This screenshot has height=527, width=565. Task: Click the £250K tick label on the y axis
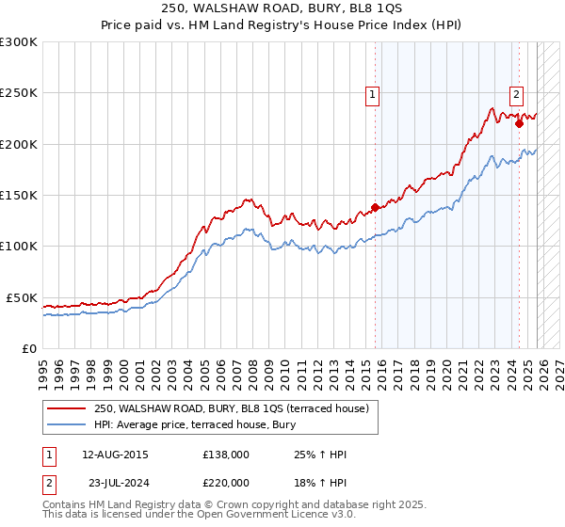[19, 93]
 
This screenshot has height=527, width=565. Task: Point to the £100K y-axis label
[19, 246]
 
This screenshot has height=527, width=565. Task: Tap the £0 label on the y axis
[29, 348]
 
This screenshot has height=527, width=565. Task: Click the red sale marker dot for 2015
[375, 207]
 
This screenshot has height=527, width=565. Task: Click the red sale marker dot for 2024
[519, 123]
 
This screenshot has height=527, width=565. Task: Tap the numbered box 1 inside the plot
[372, 93]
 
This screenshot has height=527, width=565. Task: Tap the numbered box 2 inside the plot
[517, 93]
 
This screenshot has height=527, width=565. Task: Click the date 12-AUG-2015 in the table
[115, 455]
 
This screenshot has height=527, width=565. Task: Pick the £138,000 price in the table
[226, 455]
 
